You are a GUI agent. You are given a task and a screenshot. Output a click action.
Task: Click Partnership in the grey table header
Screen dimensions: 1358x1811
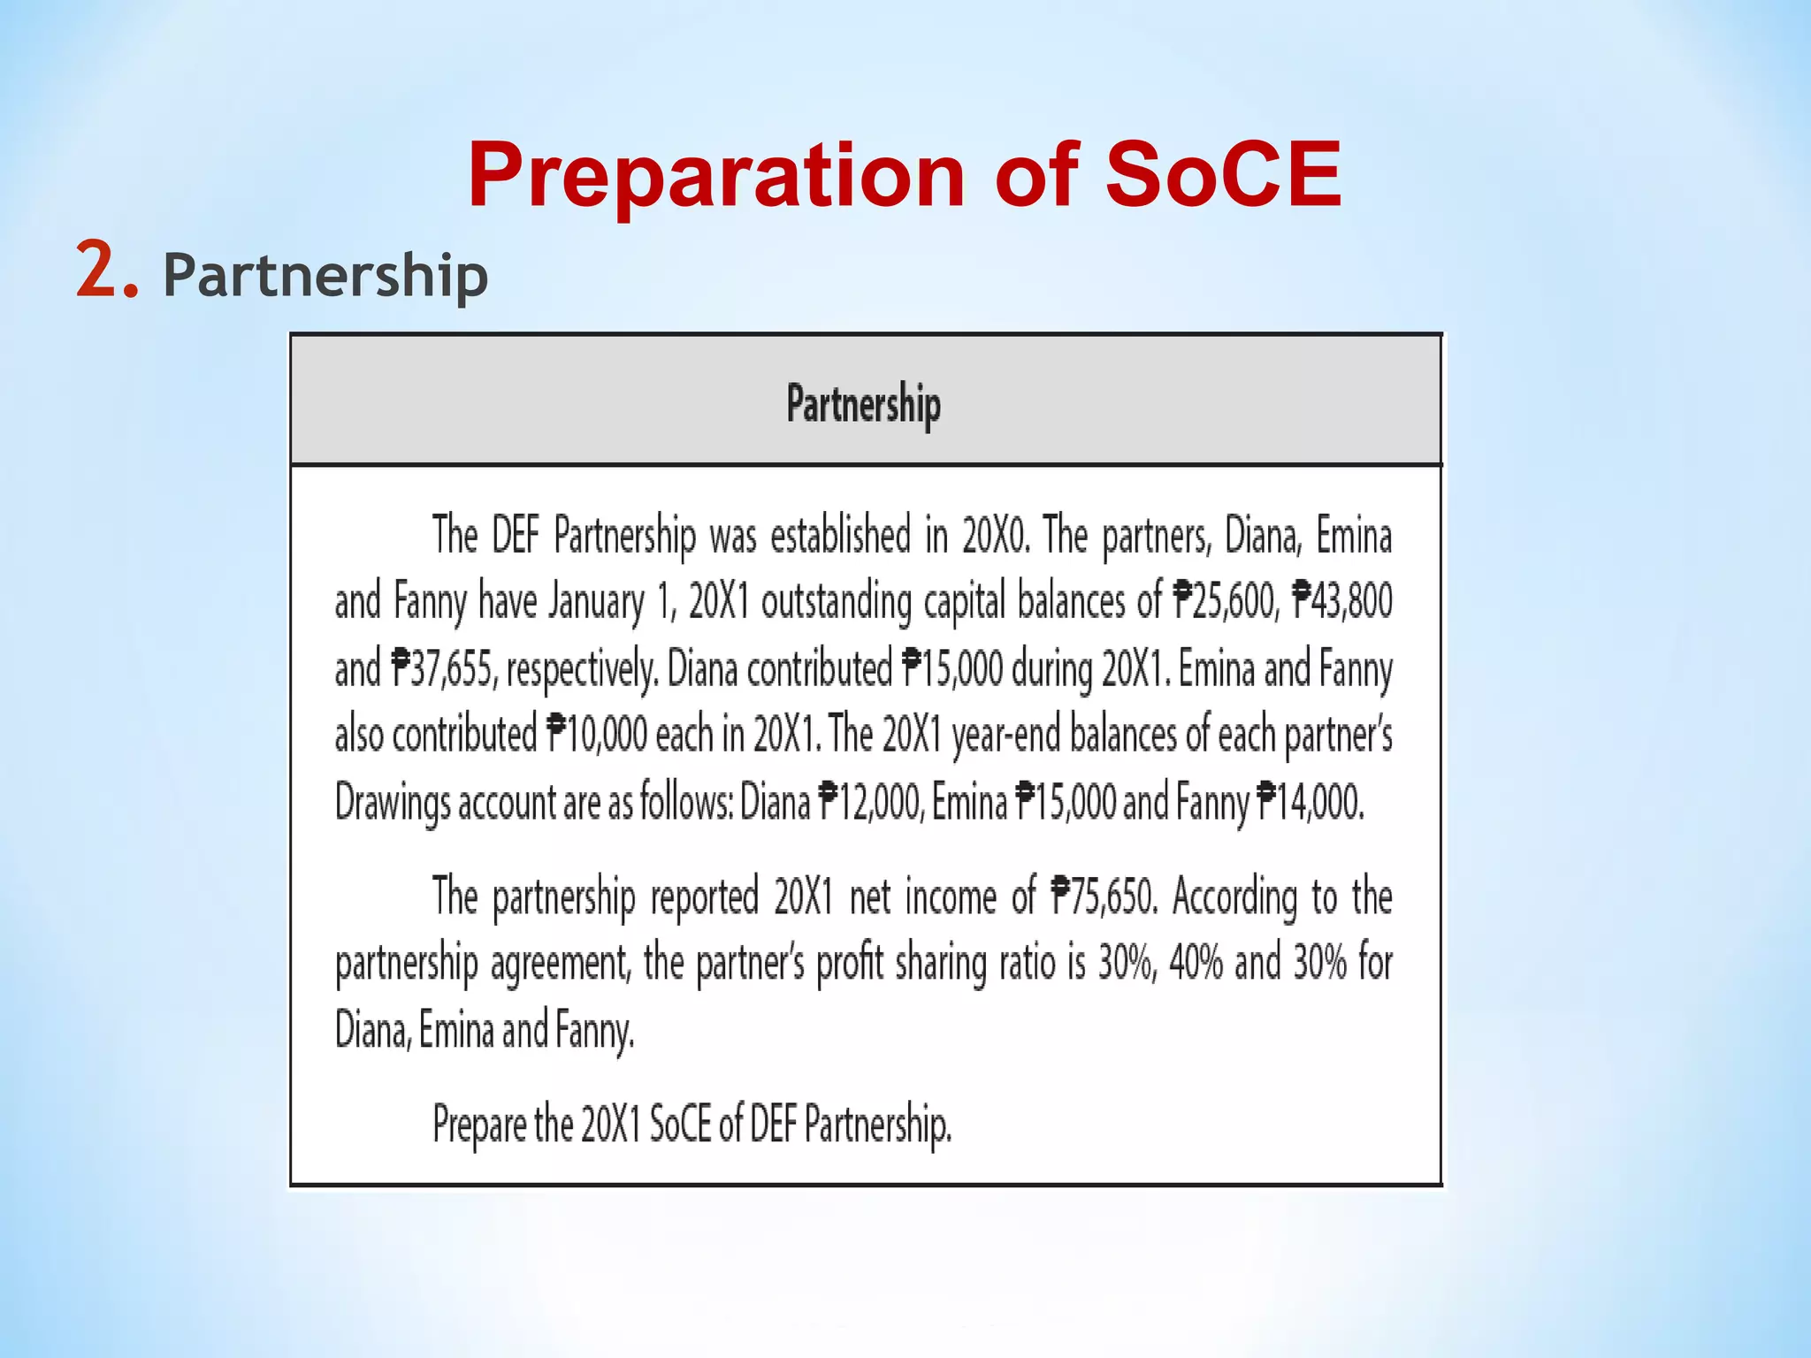(x=864, y=405)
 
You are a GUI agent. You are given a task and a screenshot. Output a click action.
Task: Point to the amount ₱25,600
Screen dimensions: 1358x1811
(x=1225, y=601)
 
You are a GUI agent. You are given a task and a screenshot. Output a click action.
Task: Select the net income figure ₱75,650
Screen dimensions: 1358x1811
(x=1103, y=896)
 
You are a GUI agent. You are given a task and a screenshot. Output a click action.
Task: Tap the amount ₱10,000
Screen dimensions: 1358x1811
(x=598, y=735)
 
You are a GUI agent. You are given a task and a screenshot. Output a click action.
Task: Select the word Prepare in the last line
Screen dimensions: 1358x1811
(x=479, y=1125)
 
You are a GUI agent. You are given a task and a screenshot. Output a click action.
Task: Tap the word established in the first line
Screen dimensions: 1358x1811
(x=840, y=536)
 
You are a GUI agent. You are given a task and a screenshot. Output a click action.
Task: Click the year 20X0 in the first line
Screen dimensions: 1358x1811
(x=996, y=536)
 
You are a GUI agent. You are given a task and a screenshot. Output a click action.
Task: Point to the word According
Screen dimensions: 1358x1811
(x=1235, y=898)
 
